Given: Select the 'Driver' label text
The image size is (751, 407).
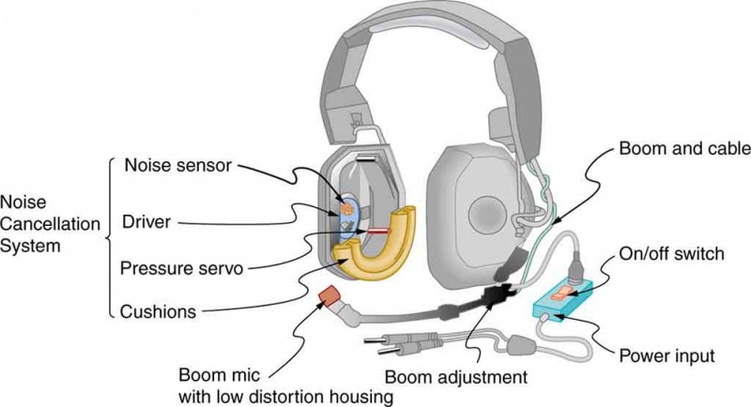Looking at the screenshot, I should pos(146,221).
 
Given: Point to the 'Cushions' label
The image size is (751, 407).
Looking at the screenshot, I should pos(160,309).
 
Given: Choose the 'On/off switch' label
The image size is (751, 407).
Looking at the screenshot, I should pos(669,253).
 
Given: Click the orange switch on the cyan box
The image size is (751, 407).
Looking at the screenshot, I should pos(561,295).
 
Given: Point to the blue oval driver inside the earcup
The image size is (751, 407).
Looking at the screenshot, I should pos(346,215).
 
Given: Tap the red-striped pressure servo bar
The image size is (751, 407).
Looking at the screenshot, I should pos(377,230).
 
